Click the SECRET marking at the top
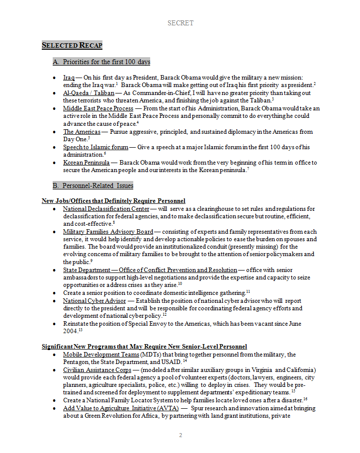pos(180,23)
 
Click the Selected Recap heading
pos(72,46)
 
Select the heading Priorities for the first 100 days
pos(101,62)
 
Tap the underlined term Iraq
pos(69,78)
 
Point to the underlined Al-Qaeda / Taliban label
pos(89,93)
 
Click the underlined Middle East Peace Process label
pos(98,108)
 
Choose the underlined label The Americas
pos(82,132)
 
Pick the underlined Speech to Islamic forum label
pos(95,147)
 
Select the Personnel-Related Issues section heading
pos(93,186)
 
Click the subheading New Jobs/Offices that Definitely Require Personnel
pos(113,201)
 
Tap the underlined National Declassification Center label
pos(106,209)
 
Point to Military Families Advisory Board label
pos(108,232)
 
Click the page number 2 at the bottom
pos(180,436)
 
